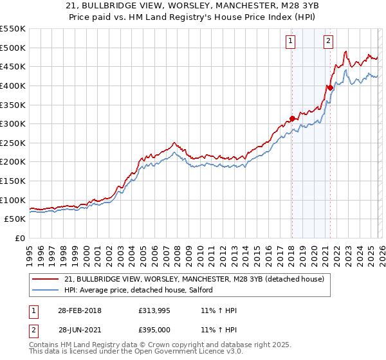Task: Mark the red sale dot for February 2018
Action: coord(292,118)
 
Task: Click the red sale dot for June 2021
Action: coord(330,87)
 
